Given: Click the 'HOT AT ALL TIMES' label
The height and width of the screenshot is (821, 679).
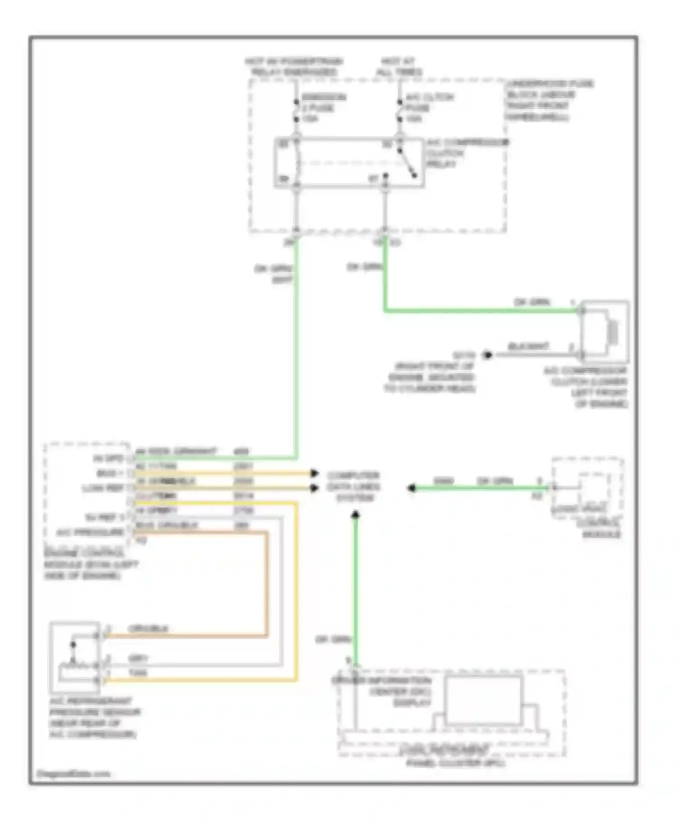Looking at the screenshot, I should click(x=398, y=67).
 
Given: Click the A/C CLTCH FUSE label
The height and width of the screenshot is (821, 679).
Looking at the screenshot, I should click(x=429, y=108).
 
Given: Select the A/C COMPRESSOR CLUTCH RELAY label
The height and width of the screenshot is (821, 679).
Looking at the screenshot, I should click(x=466, y=153).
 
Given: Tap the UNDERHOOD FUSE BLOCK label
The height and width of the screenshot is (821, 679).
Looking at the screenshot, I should click(x=549, y=100).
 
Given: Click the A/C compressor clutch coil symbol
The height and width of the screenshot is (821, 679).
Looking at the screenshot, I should click(x=612, y=332).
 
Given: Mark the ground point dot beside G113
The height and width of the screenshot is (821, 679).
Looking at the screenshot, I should click(x=487, y=355).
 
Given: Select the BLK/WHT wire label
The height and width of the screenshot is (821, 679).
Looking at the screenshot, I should click(x=528, y=347).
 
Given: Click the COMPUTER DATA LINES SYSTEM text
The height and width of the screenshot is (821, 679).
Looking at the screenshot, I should click(x=354, y=487).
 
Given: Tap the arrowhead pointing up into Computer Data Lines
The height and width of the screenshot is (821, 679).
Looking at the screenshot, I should click(x=355, y=515).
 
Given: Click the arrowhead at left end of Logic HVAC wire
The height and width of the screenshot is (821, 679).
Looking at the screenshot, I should click(x=411, y=488).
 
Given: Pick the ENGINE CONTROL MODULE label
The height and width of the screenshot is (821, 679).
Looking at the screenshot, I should click(x=91, y=564).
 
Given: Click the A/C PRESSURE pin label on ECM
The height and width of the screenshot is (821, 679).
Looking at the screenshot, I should click(x=90, y=532).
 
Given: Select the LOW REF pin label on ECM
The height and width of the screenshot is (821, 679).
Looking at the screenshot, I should click(x=103, y=488).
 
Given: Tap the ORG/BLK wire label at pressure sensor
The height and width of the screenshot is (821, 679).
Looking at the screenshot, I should click(x=148, y=629).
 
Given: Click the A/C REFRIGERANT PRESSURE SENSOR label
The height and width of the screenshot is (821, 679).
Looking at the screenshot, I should click(x=95, y=717).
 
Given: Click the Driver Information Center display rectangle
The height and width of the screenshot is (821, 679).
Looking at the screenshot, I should click(x=483, y=700).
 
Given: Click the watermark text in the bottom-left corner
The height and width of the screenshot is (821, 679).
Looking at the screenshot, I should click(x=73, y=773).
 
